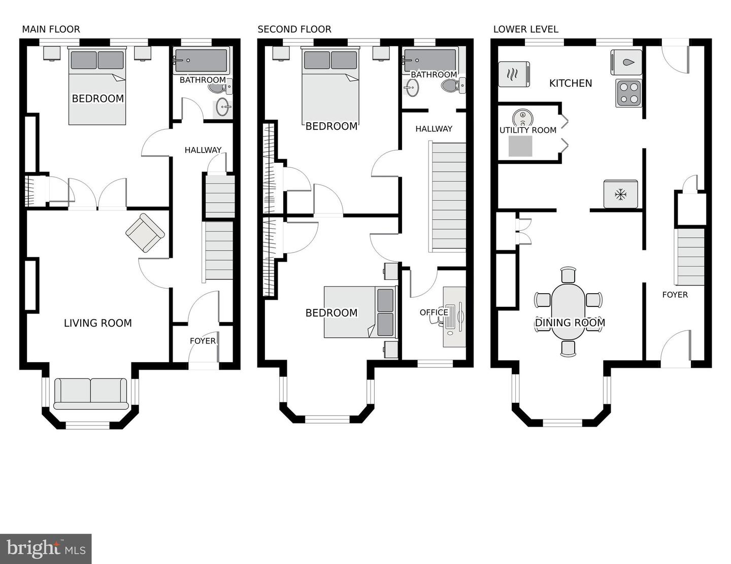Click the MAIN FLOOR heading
click(x=51, y=29)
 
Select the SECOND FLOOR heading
click(x=294, y=29)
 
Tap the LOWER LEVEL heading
click(x=525, y=29)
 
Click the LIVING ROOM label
click(x=97, y=323)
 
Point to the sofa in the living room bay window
click(x=91, y=394)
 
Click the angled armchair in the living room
click(x=145, y=233)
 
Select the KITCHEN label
click(x=570, y=83)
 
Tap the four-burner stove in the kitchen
click(x=628, y=93)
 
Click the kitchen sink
click(x=626, y=62)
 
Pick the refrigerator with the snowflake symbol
click(x=620, y=194)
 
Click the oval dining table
click(x=569, y=311)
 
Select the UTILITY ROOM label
click(x=527, y=130)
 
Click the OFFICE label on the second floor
click(x=434, y=312)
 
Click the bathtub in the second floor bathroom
click(x=429, y=59)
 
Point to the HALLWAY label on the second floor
click(x=434, y=129)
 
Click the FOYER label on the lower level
click(x=675, y=295)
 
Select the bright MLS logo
click(x=46, y=549)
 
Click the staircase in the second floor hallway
click(x=448, y=197)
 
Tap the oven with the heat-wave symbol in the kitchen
click(x=514, y=74)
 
